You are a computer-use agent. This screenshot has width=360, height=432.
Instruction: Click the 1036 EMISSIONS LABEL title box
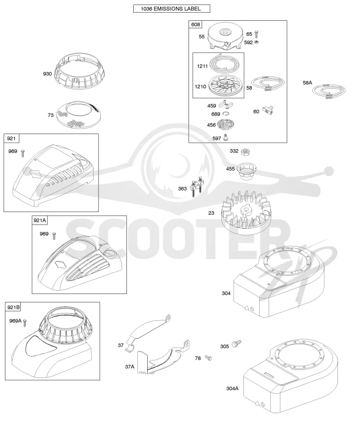(x=171, y=9)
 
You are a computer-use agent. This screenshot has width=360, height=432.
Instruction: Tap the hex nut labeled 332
(x=245, y=151)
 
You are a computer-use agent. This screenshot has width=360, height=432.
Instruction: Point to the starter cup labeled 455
(x=245, y=171)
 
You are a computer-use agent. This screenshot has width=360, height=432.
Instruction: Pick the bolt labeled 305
(x=237, y=343)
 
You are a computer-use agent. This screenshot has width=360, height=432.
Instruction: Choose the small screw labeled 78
(x=208, y=358)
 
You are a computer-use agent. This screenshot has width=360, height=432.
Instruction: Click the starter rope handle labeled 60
(x=267, y=110)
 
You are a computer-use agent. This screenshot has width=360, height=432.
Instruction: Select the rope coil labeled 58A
(x=328, y=91)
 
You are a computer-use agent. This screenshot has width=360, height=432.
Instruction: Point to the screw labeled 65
(x=256, y=34)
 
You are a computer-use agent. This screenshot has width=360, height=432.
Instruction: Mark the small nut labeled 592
(x=256, y=42)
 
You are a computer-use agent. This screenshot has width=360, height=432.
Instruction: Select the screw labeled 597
(x=226, y=137)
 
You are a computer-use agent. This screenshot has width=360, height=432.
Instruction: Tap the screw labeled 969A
(x=25, y=323)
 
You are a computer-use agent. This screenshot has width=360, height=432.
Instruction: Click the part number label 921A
(x=40, y=220)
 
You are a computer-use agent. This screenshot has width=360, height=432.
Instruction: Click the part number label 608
(x=196, y=24)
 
